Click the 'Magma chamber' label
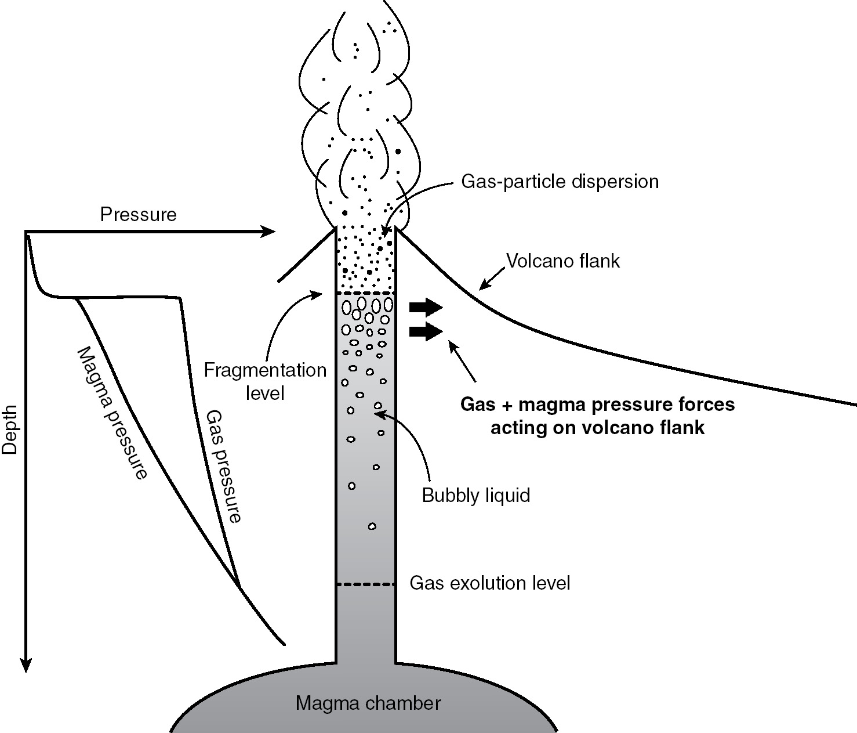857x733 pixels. pos(368,703)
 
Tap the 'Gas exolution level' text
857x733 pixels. pos(490,583)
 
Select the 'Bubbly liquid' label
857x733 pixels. pos(476,496)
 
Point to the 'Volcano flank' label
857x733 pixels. pos(563,261)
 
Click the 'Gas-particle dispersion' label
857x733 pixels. pos(560,182)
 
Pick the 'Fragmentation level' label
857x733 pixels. pos(266,381)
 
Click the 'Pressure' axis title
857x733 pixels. pos(138,215)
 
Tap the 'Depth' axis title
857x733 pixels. pos(11,429)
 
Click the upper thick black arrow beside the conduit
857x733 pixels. pos(426,306)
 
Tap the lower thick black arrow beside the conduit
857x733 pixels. pos(426,331)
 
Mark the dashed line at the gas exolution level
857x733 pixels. pos(366,584)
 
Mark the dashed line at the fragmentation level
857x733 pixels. pos(366,294)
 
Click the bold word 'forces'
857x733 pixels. pos(705,405)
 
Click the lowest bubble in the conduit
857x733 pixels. pos(372,526)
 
